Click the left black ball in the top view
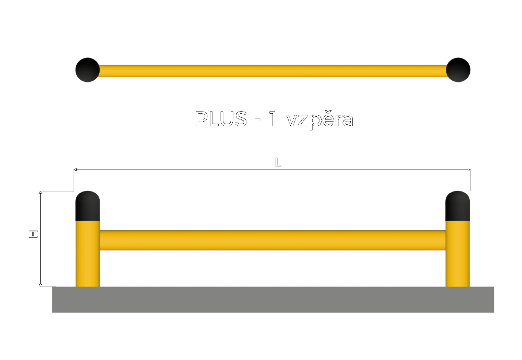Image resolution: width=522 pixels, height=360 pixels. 88,70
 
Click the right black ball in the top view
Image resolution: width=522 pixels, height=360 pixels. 458,70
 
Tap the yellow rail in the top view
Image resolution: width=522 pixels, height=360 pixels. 272,71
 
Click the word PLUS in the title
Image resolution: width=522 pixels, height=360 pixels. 221,118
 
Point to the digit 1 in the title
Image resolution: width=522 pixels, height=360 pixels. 272,119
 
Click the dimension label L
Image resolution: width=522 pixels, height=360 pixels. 278,162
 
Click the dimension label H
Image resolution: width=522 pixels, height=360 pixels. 33,234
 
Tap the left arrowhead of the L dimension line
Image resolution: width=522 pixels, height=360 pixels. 75,170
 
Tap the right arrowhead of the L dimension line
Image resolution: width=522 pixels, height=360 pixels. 469,170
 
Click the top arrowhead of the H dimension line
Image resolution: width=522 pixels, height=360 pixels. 40,193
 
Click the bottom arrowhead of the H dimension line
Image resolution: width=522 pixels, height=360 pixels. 40,285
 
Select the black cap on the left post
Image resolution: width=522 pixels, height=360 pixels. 88,206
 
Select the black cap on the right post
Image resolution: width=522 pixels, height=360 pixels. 457,206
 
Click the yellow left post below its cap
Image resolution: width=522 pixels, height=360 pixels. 88,254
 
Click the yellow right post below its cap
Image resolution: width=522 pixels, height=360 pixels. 457,254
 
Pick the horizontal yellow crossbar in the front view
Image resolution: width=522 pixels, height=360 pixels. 272,240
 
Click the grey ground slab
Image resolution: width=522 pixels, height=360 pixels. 273,299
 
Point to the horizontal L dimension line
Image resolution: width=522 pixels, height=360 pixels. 272,170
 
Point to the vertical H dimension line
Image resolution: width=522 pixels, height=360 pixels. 40,239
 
